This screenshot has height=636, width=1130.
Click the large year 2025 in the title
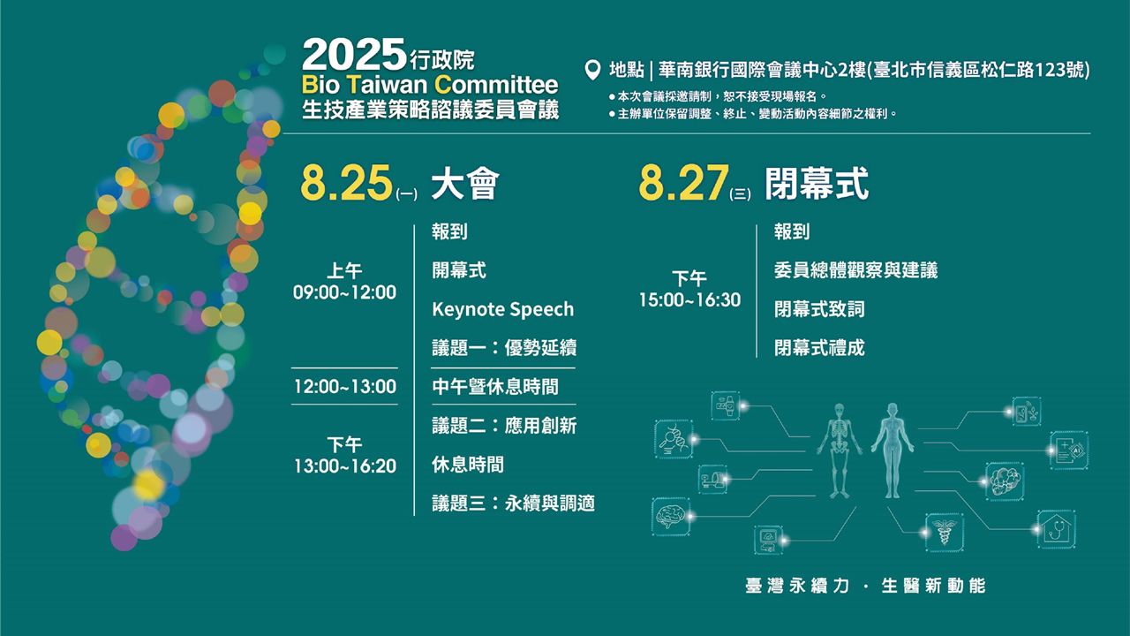(354, 55)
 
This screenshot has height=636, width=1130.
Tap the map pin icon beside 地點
(592, 70)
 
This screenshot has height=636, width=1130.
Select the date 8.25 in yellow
(346, 183)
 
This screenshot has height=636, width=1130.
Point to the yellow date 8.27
(683, 183)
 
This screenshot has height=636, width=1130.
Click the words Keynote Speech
(503, 309)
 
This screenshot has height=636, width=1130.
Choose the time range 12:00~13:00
(345, 387)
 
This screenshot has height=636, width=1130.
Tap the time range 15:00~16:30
(689, 299)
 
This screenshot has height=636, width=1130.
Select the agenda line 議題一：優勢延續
(504, 348)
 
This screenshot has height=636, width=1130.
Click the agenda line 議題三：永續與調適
(513, 503)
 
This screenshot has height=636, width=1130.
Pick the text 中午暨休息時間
(495, 387)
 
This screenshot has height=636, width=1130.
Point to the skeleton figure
(839, 450)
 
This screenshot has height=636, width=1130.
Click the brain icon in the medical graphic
(671, 517)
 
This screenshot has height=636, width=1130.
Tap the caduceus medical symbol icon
(945, 531)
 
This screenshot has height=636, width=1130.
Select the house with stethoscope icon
(1057, 529)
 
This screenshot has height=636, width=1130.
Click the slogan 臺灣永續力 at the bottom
(797, 586)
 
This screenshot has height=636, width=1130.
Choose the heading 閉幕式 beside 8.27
(817, 184)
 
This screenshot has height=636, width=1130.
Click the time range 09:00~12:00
(345, 292)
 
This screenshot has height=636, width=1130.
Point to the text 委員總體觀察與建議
(855, 270)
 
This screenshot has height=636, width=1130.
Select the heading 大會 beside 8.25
(465, 184)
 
